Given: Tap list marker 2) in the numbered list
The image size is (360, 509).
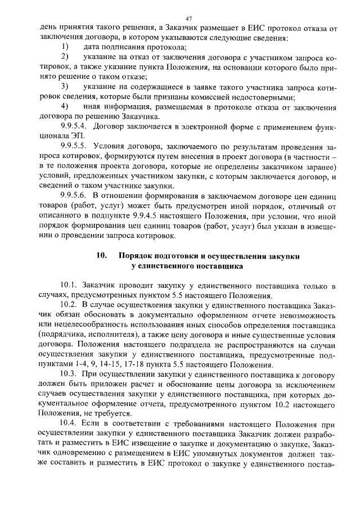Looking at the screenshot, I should (65, 57).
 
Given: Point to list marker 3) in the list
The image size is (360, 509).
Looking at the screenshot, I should (65, 86).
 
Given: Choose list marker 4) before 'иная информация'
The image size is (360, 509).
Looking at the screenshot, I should (65, 106).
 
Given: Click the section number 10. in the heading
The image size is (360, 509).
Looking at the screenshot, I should (102, 256).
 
